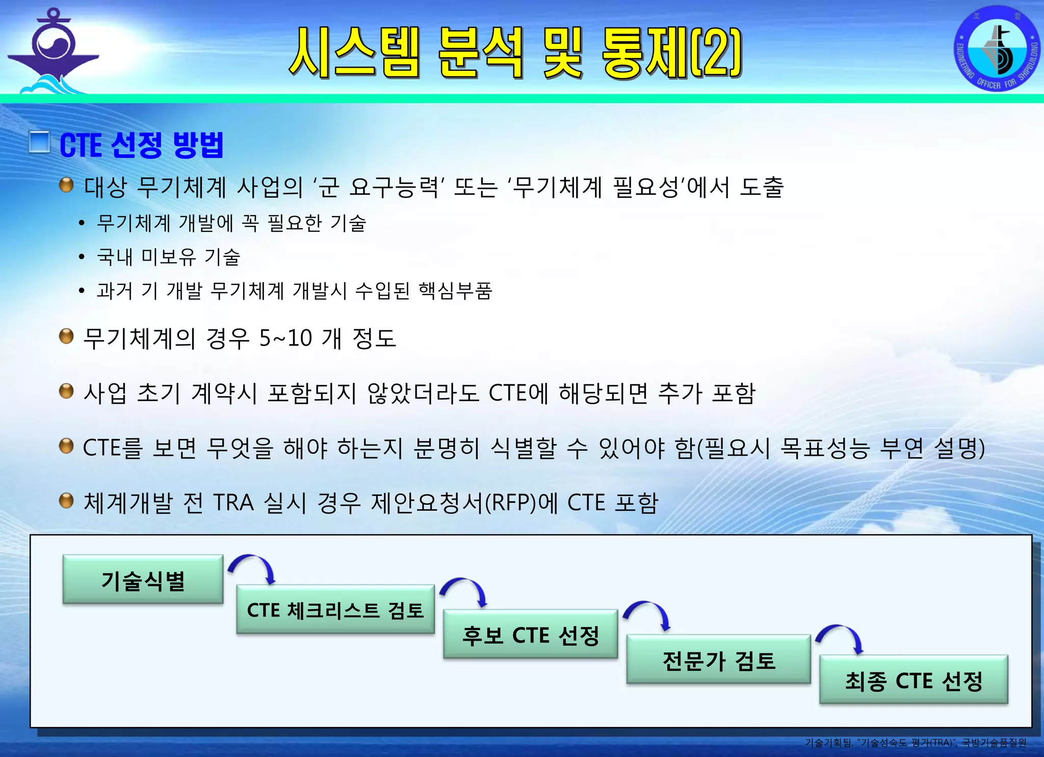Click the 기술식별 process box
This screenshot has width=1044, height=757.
click(143, 580)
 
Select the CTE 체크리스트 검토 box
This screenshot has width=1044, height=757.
click(335, 610)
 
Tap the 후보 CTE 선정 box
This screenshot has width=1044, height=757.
click(530, 635)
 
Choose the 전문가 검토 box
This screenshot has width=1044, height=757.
click(718, 660)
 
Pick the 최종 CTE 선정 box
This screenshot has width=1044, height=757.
click(913, 680)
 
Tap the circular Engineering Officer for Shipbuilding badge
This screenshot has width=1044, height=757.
click(997, 49)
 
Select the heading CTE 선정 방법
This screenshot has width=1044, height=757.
click(142, 145)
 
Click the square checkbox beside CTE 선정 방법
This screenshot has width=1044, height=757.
click(39, 142)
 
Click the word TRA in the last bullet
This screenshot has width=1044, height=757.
click(233, 503)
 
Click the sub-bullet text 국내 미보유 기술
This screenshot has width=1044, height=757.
click(168, 257)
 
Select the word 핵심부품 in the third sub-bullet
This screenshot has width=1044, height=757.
click(455, 291)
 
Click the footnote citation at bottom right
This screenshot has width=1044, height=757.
click(916, 743)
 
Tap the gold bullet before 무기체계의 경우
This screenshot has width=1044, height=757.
click(66, 336)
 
